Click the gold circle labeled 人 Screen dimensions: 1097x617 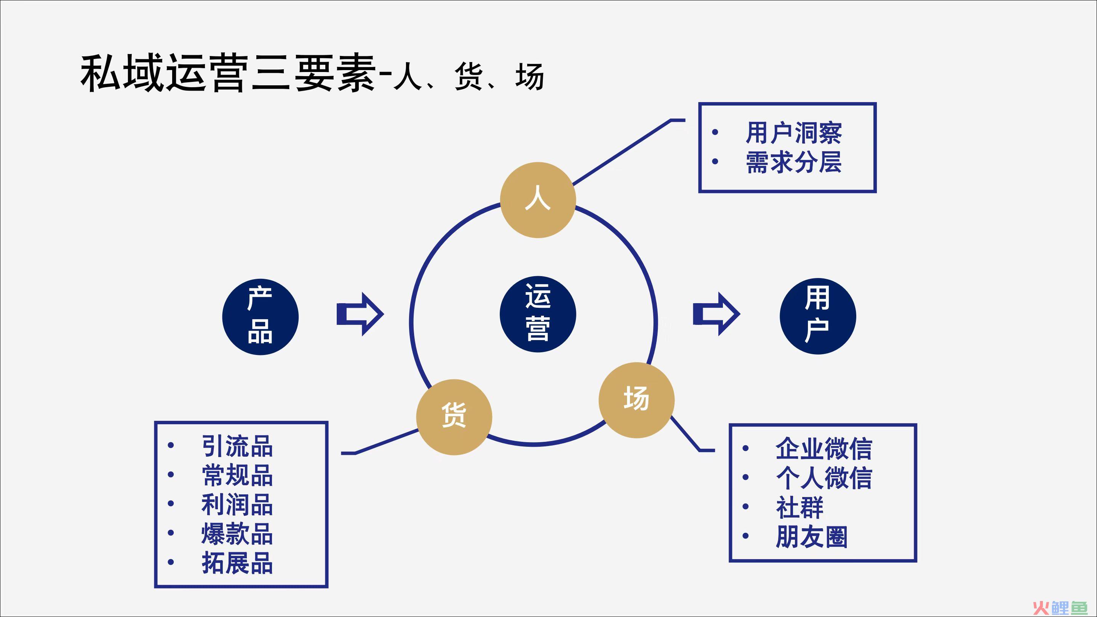point(538,200)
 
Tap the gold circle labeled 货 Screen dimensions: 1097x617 point(454,417)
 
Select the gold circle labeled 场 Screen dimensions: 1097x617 point(636,400)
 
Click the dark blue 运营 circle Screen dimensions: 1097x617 point(538,314)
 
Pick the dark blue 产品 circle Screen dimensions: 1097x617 point(260,316)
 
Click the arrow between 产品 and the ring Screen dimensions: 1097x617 point(360,314)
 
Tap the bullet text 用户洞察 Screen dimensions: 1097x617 point(793,133)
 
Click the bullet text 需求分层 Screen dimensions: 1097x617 point(793,162)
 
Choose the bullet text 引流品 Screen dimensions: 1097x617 point(237,446)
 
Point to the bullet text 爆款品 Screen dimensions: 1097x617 point(237,534)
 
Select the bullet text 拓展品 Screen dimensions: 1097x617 point(237,563)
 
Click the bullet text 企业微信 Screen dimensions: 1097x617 point(824,448)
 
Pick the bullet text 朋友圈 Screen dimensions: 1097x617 point(811,537)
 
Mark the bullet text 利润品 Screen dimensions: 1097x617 point(237,505)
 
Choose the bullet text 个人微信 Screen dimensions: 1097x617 point(824,478)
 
